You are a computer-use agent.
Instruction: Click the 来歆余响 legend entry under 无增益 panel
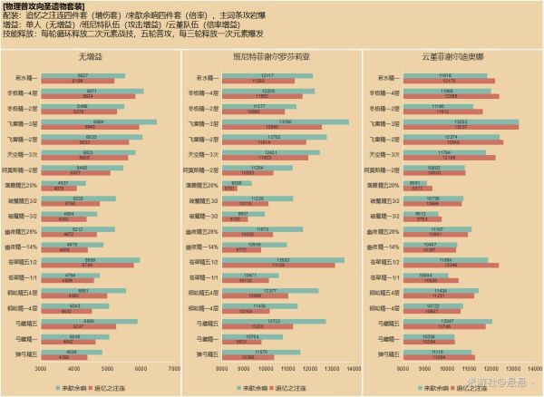[81, 386]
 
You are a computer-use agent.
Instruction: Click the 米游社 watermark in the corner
[503, 384]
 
